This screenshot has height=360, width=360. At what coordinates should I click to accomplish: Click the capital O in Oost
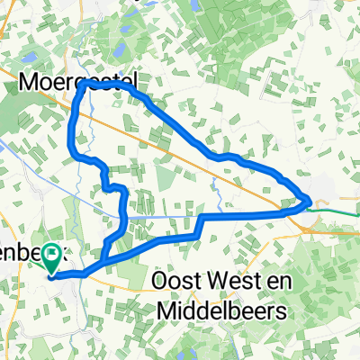tap(159, 281)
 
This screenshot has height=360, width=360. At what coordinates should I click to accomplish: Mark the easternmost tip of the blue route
tap(311, 200)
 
